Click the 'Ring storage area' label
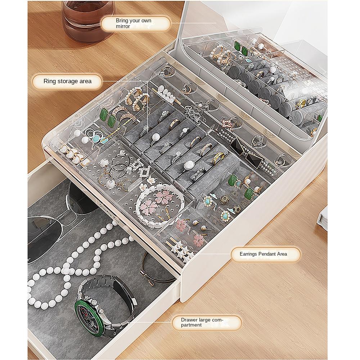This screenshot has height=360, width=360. [68, 81]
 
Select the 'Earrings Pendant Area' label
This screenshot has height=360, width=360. [264, 254]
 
